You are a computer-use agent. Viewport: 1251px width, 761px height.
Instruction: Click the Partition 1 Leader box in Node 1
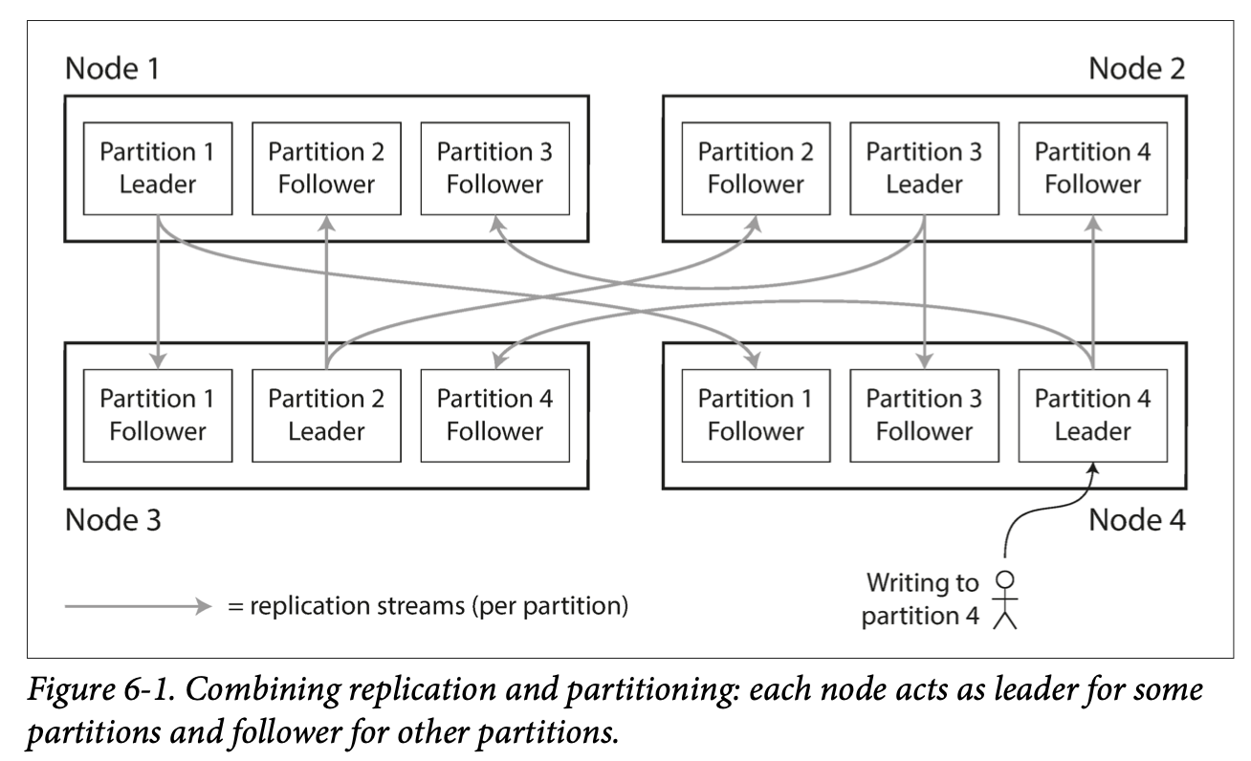pyautogui.click(x=158, y=168)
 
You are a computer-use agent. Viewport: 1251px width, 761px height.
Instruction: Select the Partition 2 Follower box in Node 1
pyautogui.click(x=327, y=168)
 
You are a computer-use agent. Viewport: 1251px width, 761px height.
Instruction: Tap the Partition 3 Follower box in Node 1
pyautogui.click(x=495, y=168)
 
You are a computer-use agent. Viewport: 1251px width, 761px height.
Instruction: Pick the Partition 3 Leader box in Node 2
pyautogui.click(x=925, y=168)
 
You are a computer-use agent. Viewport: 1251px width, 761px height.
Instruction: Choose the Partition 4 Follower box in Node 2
pyautogui.click(x=1093, y=168)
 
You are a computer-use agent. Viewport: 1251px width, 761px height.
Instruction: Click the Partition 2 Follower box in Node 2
pyautogui.click(x=757, y=168)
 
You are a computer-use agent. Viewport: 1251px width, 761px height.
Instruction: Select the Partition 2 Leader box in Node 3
pyautogui.click(x=327, y=416)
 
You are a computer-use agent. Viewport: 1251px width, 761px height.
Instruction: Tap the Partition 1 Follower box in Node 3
pyautogui.click(x=158, y=416)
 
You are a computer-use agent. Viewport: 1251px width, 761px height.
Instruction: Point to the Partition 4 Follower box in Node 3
pyautogui.click(x=495, y=416)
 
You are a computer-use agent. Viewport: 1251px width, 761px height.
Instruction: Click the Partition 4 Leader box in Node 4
pyautogui.click(x=1093, y=416)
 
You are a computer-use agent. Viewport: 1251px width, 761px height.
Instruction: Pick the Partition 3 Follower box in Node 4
pyautogui.click(x=925, y=416)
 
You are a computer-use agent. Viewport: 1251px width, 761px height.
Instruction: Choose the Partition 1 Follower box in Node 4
pyautogui.click(x=757, y=416)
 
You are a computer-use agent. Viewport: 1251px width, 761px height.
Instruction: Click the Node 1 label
pyautogui.click(x=112, y=69)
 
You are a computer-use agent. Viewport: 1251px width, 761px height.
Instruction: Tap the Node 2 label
pyautogui.click(x=1137, y=69)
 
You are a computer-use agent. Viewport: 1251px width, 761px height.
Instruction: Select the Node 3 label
pyautogui.click(x=113, y=520)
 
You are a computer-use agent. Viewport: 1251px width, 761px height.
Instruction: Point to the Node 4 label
pyautogui.click(x=1137, y=520)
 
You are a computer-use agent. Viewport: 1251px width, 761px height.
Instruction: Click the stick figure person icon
pyautogui.click(x=1005, y=599)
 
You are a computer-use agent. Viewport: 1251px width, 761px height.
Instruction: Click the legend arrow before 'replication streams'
pyautogui.click(x=138, y=606)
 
